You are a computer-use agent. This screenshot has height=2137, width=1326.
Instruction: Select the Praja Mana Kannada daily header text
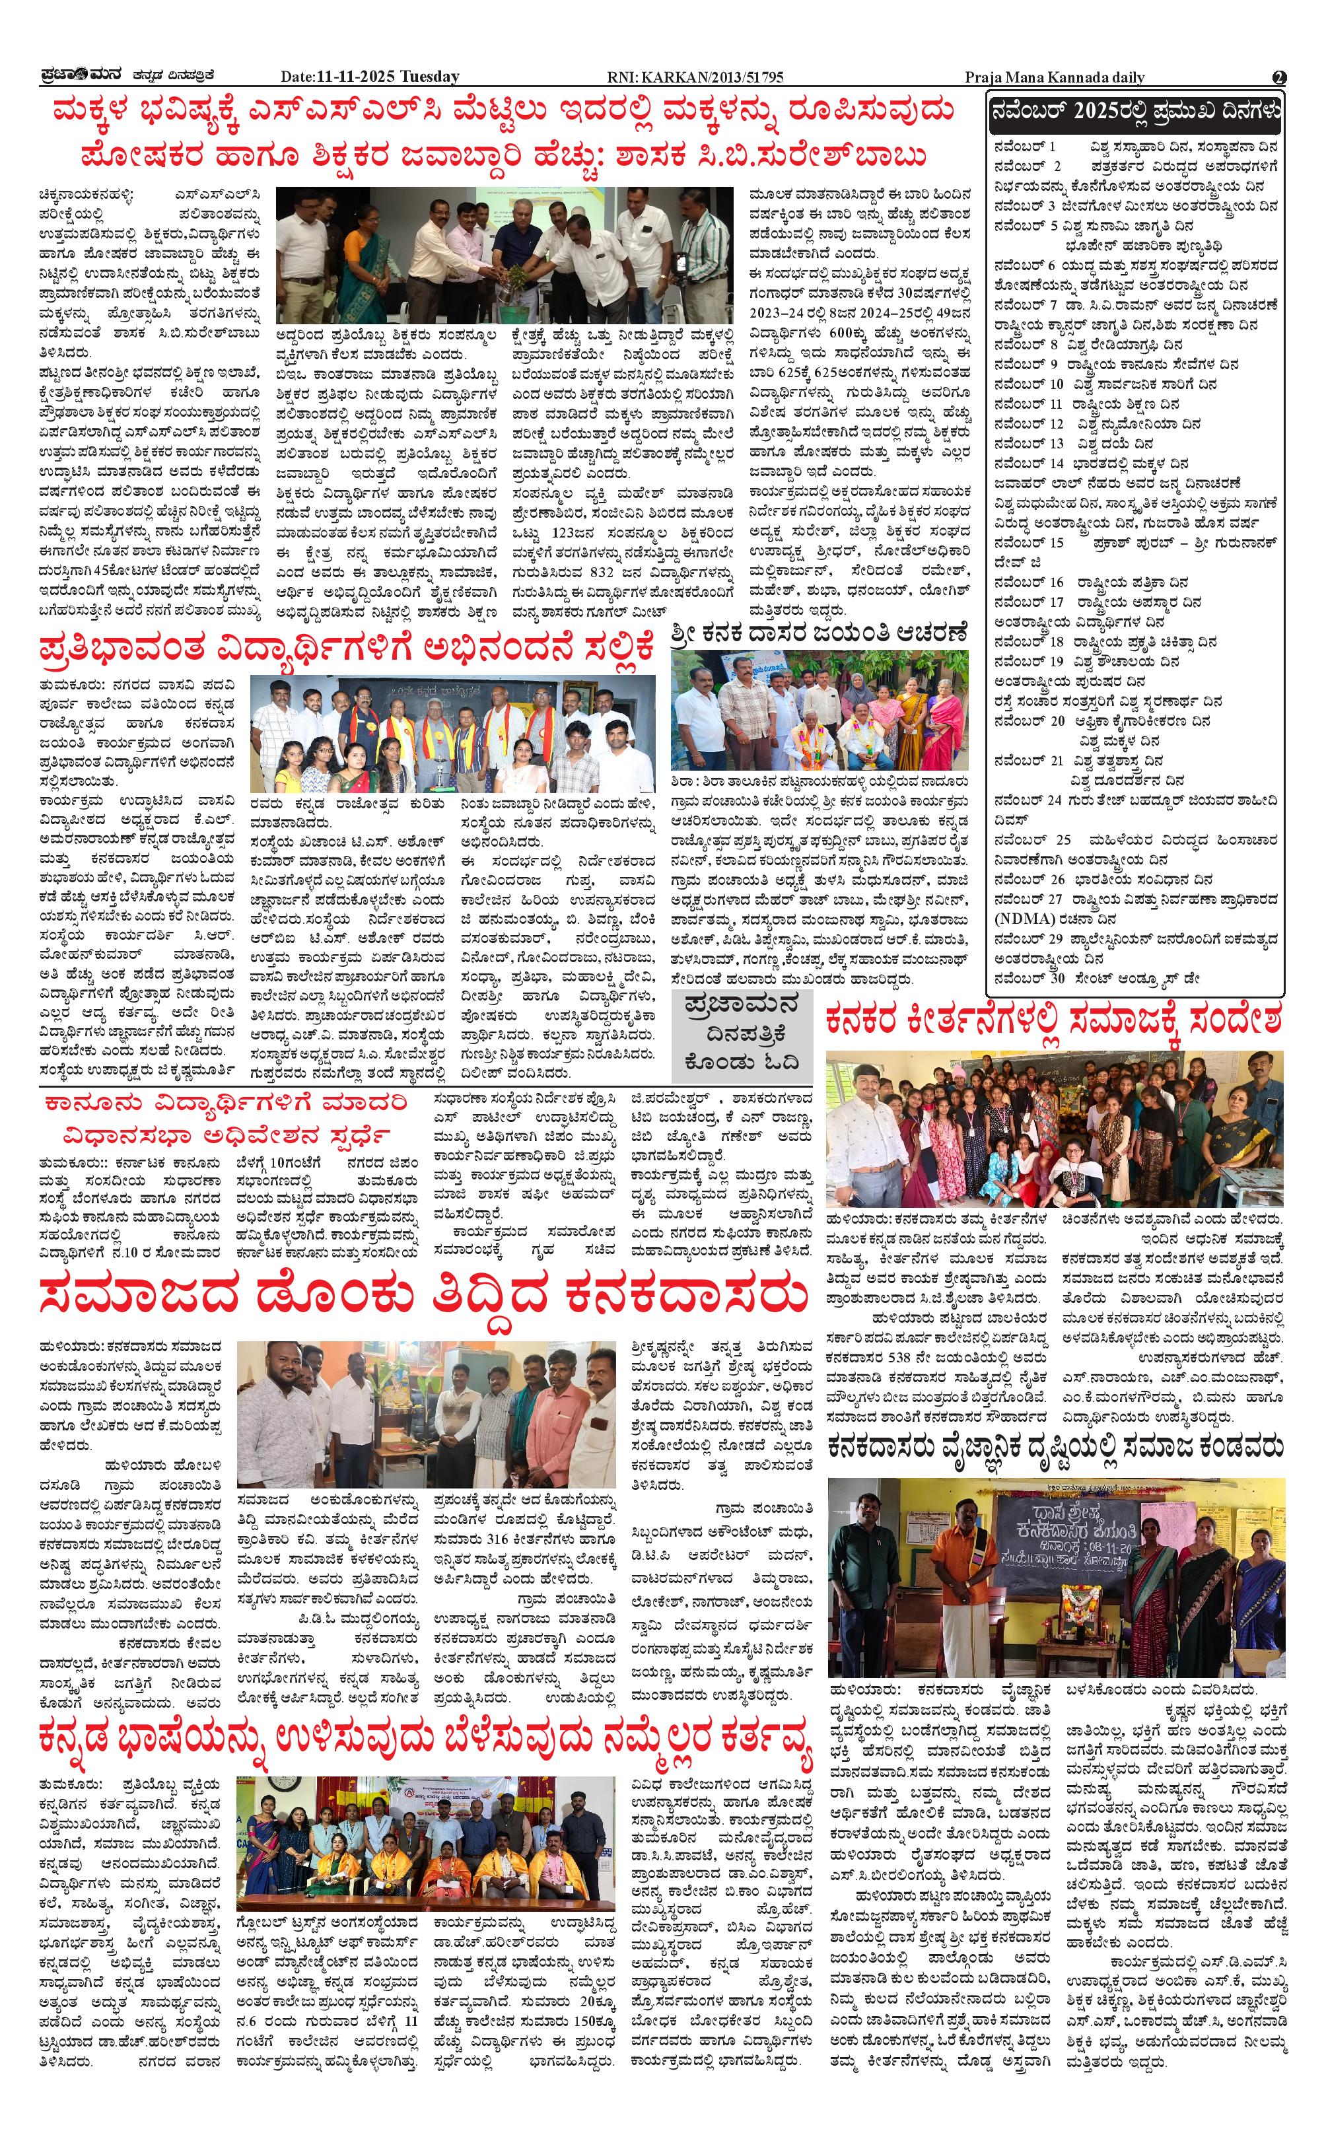click(x=1054, y=77)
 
